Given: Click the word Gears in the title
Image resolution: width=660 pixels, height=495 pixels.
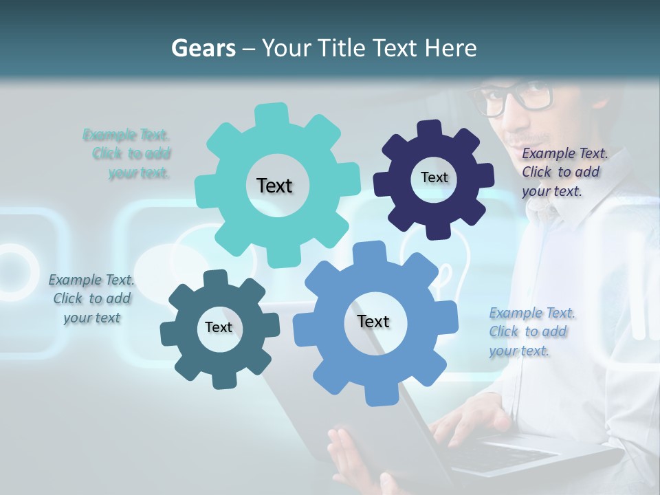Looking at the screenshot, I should (x=203, y=48).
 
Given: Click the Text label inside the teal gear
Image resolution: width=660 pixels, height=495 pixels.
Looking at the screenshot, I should (x=274, y=186).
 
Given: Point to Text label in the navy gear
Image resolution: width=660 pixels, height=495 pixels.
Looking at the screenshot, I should (x=434, y=177).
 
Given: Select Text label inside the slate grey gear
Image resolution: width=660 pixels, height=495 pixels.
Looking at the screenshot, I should (x=219, y=327).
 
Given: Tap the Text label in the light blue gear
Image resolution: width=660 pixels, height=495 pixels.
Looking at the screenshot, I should (x=373, y=321).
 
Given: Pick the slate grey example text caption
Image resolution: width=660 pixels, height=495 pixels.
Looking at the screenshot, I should (x=91, y=298).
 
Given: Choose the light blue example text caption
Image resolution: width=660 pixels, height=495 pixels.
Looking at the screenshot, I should (x=529, y=331).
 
